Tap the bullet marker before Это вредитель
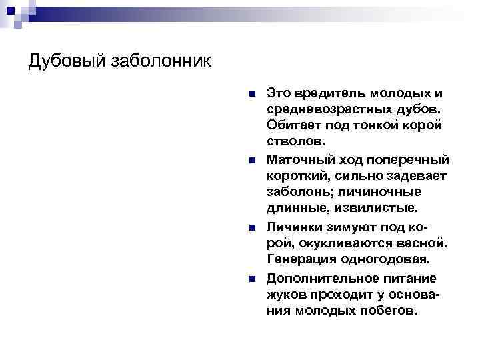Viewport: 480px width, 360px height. click(x=251, y=94)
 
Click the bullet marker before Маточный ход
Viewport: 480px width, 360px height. click(x=251, y=161)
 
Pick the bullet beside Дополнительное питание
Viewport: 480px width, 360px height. click(x=251, y=278)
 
